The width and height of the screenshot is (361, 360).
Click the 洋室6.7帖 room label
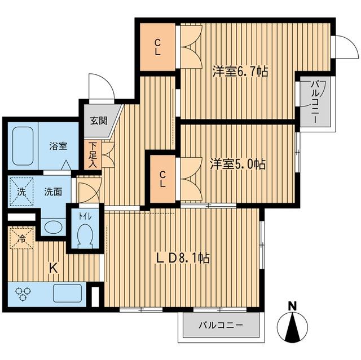coord(240,72)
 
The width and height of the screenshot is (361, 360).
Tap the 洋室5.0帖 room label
coord(239,166)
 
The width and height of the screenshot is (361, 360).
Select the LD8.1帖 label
coord(183,258)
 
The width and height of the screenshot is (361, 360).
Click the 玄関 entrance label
coord(98,119)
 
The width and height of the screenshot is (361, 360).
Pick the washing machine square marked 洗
coord(21,191)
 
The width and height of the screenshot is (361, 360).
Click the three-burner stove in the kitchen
coord(24,293)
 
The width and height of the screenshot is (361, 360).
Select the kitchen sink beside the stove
coord(67,293)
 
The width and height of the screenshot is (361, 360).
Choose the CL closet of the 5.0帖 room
coord(162,179)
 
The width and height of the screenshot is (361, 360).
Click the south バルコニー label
coord(220,326)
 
